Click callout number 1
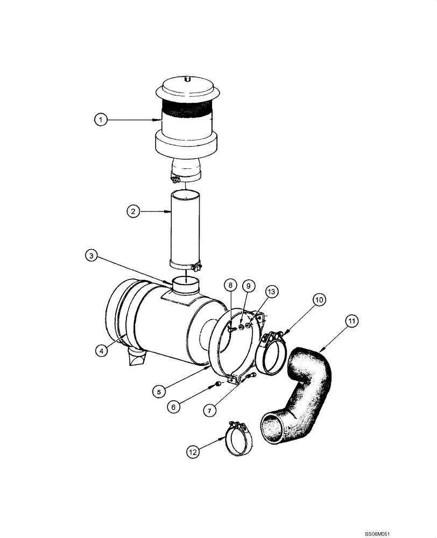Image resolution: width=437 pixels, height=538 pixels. tap(100, 120)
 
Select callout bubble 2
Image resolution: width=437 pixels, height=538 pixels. tap(133, 211)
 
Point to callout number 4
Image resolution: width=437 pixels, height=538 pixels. tap(101, 351)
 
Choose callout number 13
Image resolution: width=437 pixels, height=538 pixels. tap(270, 291)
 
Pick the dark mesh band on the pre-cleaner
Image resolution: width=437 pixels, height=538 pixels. tap(185, 108)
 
